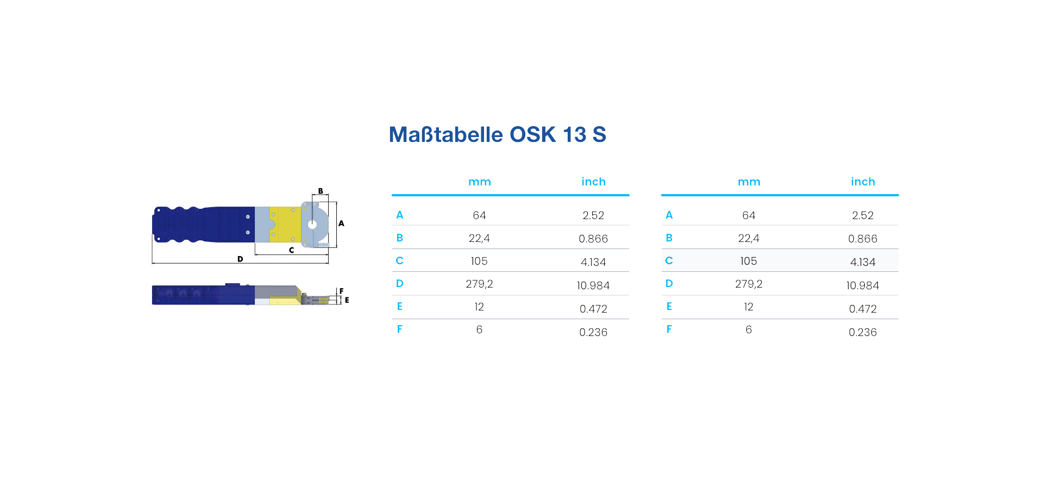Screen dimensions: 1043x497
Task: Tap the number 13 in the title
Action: (x=574, y=134)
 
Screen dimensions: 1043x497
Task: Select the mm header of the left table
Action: (x=480, y=182)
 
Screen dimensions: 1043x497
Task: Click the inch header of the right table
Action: (x=863, y=182)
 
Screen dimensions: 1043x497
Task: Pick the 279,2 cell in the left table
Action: (x=479, y=284)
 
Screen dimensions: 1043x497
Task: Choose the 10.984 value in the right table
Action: (x=863, y=285)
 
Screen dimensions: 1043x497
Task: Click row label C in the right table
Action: (x=669, y=260)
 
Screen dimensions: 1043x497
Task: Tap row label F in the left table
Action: (x=400, y=329)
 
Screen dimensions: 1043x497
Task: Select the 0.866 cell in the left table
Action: (x=593, y=239)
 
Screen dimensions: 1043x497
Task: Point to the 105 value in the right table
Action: (x=749, y=261)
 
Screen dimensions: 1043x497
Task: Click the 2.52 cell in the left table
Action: (x=593, y=215)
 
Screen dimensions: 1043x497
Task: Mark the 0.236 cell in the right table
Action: (x=863, y=332)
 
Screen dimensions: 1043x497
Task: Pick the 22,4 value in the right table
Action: (x=749, y=238)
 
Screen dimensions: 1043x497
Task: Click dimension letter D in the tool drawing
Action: (x=240, y=259)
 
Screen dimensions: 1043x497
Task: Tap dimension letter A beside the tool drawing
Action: (x=341, y=223)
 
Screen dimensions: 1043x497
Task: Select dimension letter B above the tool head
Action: (x=321, y=191)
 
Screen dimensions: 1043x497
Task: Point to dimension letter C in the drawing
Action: (x=291, y=250)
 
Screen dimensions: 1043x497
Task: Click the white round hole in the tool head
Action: (x=312, y=224)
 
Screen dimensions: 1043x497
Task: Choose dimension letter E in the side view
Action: (x=347, y=300)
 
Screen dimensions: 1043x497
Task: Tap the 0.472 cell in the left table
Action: (x=593, y=309)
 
